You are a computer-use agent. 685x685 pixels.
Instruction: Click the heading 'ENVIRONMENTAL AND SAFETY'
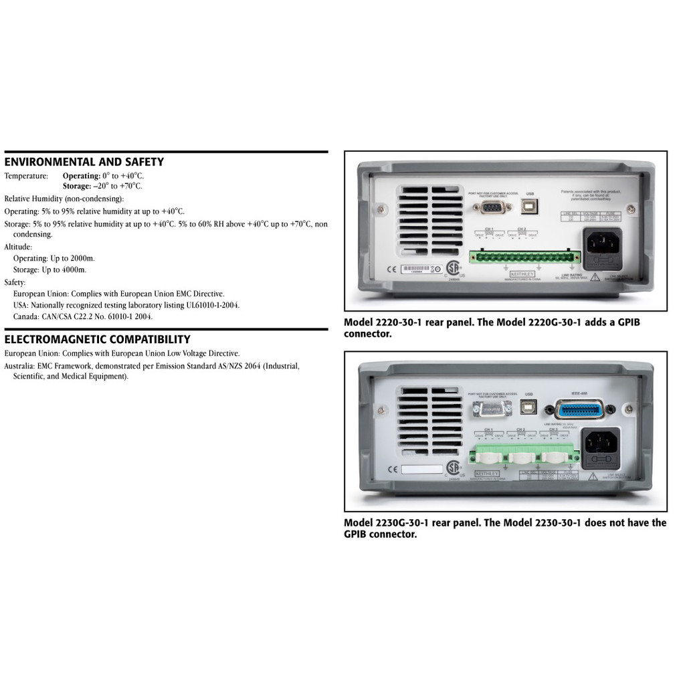pyautogui.click(x=84, y=162)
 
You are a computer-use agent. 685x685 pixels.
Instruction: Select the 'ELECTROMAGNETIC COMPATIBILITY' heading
pyautogui.click(x=98, y=339)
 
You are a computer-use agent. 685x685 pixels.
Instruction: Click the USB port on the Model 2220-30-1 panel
pyautogui.click(x=530, y=205)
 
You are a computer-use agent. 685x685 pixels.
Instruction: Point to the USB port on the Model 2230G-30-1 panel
pyautogui.click(x=530, y=407)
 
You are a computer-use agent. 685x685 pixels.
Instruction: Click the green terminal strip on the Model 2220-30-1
pyautogui.click(x=524, y=257)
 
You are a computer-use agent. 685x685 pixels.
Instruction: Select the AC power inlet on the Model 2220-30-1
pyautogui.click(x=603, y=242)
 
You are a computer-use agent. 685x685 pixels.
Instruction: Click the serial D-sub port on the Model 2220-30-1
pyautogui.click(x=492, y=206)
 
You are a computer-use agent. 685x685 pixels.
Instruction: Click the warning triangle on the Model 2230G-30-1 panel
pyautogui.click(x=592, y=477)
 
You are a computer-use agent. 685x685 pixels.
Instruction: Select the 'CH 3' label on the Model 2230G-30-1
pyautogui.click(x=553, y=429)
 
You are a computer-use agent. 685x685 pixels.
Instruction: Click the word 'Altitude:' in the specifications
pyautogui.click(x=19, y=247)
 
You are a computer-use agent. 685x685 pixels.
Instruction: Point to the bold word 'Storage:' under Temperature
pyautogui.click(x=77, y=186)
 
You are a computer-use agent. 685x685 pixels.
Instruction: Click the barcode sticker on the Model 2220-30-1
pyautogui.click(x=419, y=270)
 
